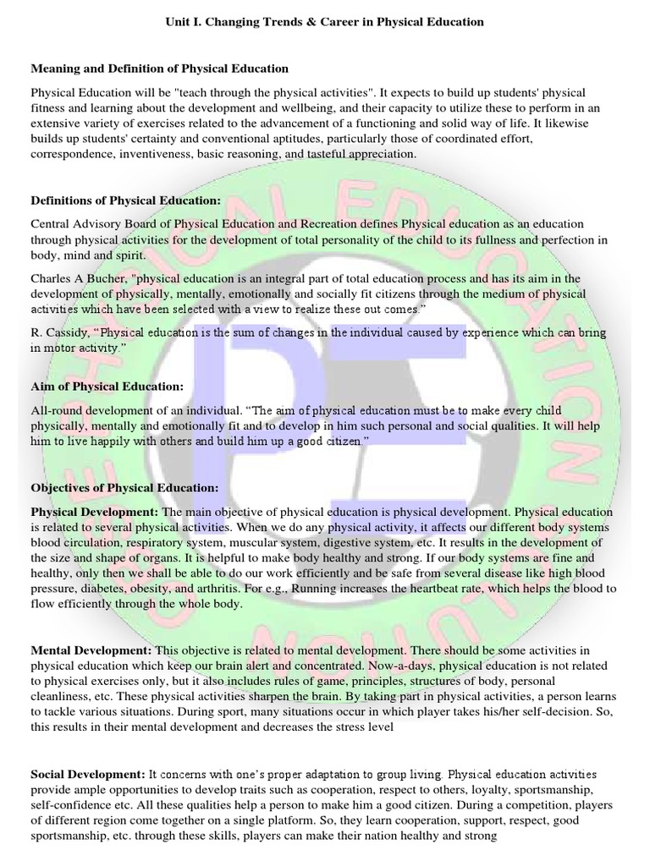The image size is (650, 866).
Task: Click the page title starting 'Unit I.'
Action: click(x=325, y=21)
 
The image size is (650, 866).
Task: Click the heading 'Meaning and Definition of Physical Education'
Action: click(x=159, y=68)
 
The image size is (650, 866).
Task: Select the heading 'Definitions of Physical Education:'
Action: click(x=125, y=200)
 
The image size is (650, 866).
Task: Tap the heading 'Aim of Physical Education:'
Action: click(x=107, y=386)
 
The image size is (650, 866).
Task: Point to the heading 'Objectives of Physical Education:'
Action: click(x=124, y=488)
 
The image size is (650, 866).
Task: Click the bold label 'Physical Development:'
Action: click(x=94, y=512)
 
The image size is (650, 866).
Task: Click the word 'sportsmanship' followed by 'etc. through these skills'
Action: click(x=70, y=835)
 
